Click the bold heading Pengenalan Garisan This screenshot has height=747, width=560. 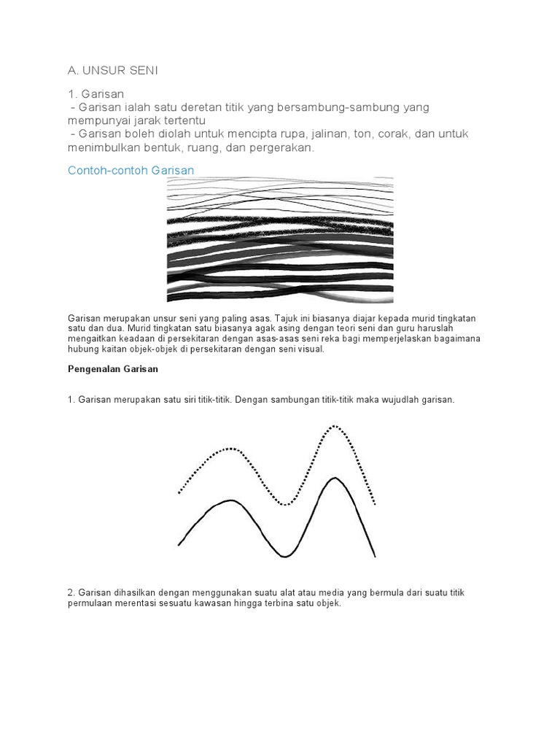coord(113,369)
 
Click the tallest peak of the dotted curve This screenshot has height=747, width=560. coord(335,425)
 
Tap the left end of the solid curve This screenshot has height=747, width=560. coord(179,544)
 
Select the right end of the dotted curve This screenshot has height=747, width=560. coord(375,503)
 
